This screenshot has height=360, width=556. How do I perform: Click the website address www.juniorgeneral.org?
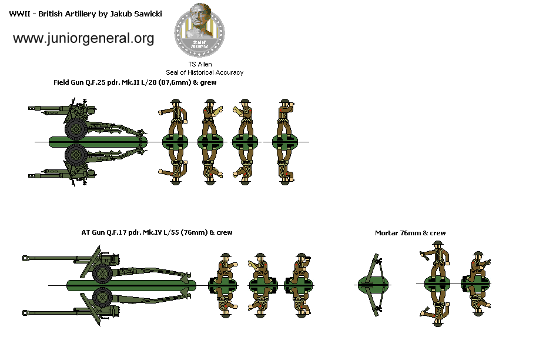(83, 39)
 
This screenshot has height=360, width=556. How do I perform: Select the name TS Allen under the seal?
(200, 64)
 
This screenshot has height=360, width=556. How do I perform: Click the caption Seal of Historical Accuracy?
(204, 72)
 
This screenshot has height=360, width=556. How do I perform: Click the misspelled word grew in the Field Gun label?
(207, 82)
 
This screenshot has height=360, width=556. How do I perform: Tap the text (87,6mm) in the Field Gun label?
(173, 82)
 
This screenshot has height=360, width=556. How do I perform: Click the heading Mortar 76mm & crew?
(410, 233)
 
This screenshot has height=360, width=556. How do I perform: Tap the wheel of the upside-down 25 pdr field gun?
(76, 155)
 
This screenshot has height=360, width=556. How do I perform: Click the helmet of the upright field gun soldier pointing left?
(175, 102)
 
